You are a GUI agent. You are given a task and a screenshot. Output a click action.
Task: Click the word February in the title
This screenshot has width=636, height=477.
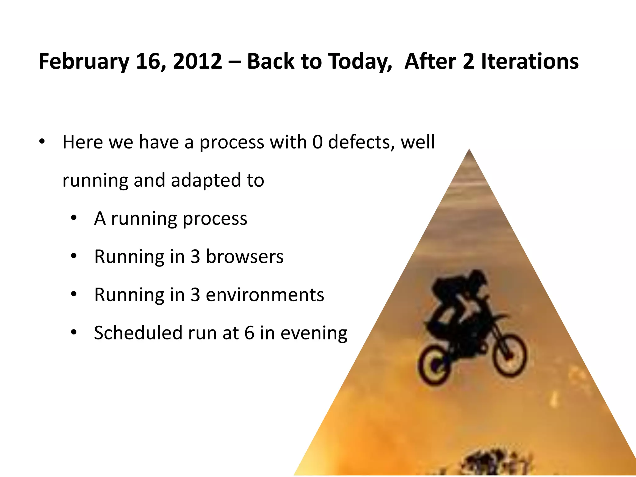pyautogui.click(x=84, y=61)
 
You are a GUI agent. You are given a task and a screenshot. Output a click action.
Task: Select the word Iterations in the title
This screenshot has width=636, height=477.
pyautogui.click(x=530, y=61)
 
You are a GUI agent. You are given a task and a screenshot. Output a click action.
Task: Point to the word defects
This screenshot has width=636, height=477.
pyautogui.click(x=361, y=142)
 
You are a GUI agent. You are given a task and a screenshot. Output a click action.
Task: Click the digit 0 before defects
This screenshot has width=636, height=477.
pyautogui.click(x=317, y=142)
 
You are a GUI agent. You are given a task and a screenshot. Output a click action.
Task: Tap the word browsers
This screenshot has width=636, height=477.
pyautogui.click(x=245, y=257)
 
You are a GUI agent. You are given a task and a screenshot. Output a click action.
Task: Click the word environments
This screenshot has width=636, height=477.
pyautogui.click(x=265, y=295)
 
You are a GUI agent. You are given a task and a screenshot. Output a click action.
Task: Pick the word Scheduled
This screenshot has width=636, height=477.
pyautogui.click(x=138, y=333)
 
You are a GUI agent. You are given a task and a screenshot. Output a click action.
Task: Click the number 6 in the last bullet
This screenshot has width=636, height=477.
pyautogui.click(x=249, y=333)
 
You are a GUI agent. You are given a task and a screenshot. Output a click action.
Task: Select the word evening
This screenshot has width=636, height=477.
pyautogui.click(x=314, y=334)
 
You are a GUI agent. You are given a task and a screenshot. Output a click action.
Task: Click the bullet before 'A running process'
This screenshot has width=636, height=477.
pyautogui.click(x=74, y=218)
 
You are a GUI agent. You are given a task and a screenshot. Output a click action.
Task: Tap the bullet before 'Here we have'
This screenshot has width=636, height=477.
pyautogui.click(x=42, y=142)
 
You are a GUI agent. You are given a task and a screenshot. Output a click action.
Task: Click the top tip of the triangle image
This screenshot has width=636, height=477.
pyautogui.click(x=469, y=151)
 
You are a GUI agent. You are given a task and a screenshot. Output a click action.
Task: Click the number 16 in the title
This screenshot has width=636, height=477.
pyautogui.click(x=147, y=61)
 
